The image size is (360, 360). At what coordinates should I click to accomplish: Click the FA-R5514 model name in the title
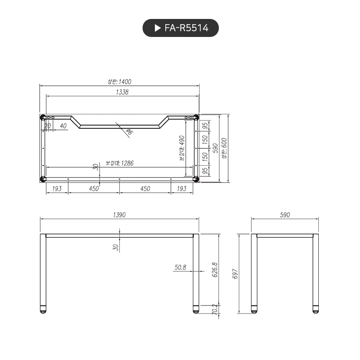click(186, 28)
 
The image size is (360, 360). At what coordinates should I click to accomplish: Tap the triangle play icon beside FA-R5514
click(158, 28)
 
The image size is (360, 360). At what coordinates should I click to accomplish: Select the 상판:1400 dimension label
click(119, 81)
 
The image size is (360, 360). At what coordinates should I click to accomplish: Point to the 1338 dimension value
click(122, 92)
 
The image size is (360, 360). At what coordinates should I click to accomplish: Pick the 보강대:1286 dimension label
click(119, 163)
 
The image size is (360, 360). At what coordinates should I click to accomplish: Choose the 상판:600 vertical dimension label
click(224, 148)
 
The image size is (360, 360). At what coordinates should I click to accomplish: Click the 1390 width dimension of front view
click(119, 215)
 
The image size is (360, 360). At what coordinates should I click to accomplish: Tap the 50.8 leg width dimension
click(180, 267)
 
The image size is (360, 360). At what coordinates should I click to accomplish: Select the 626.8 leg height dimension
click(214, 269)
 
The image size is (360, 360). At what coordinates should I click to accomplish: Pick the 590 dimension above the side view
click(284, 215)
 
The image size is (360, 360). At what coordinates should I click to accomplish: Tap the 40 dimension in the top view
click(63, 126)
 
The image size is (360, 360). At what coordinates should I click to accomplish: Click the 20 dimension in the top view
click(47, 126)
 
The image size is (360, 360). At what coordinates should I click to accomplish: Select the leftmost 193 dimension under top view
click(57, 189)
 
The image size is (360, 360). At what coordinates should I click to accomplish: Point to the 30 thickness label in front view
click(116, 247)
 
